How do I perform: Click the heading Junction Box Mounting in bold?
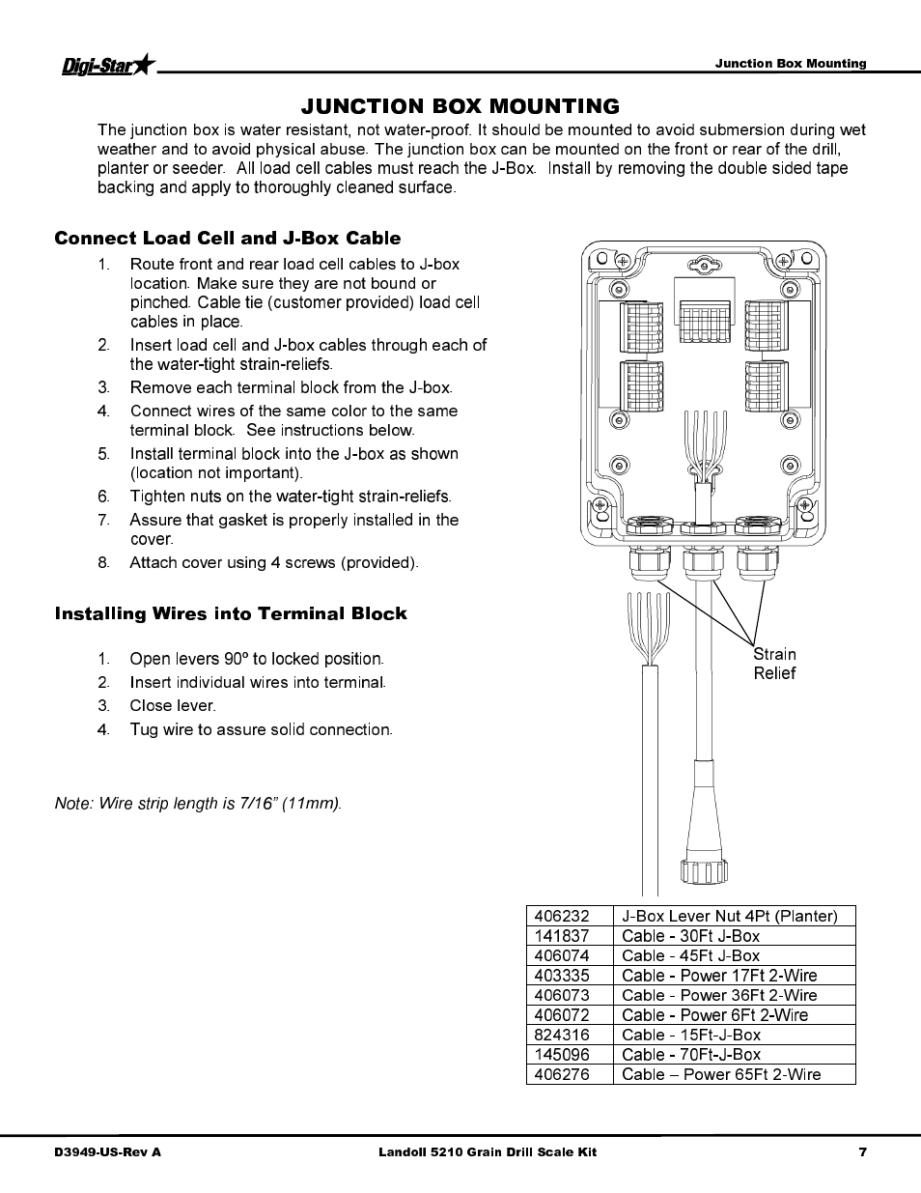coord(460,106)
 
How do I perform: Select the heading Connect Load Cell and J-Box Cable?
coord(227,239)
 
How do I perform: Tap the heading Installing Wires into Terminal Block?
coord(231,614)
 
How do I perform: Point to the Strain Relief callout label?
coord(774,664)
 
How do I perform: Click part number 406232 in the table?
coord(562,916)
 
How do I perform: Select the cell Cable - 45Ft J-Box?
coord(690,955)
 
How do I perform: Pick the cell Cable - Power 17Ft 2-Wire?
coord(719,976)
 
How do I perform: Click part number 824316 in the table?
coord(562,1035)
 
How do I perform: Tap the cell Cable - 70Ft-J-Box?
coord(691,1055)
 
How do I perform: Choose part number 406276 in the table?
coord(562,1074)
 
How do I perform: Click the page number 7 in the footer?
coord(862,1151)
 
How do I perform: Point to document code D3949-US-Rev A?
coord(108,1151)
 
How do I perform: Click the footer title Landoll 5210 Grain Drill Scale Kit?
coord(487,1151)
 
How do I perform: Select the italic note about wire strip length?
coord(198,804)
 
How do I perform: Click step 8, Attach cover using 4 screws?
coord(273,562)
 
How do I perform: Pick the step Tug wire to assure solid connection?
coord(261,729)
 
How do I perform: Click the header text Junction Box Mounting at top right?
coord(790,64)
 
